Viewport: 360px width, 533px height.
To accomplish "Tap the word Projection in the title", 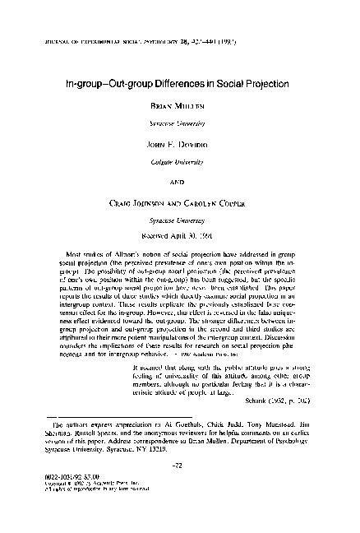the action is [x=273, y=83].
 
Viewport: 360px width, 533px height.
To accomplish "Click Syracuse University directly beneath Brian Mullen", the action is [x=179, y=121].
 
